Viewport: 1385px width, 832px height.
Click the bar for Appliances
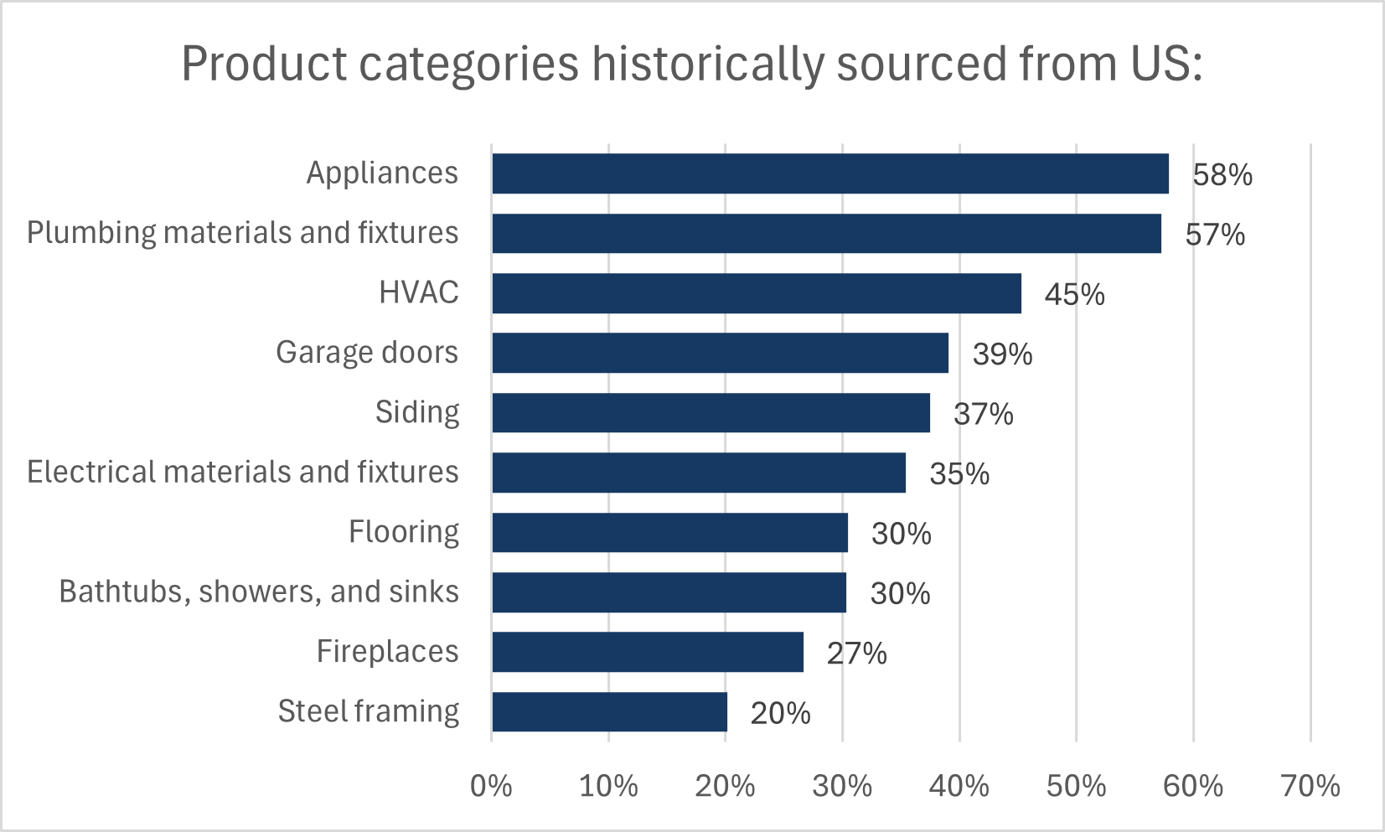point(829,173)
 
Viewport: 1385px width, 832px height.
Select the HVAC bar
point(757,293)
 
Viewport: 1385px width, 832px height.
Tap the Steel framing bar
point(609,712)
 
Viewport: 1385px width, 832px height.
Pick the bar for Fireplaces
point(648,652)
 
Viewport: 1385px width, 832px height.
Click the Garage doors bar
point(720,353)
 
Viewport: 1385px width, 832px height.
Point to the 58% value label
point(1222,175)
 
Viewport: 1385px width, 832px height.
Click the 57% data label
point(1215,235)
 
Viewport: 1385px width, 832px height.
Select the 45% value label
point(1074,295)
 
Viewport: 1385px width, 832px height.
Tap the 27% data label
point(856,654)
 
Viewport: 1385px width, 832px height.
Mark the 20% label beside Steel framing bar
point(780,714)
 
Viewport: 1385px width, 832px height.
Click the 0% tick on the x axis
point(491,786)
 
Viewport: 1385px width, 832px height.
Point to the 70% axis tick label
point(1310,786)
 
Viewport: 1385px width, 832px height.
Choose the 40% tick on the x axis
point(959,786)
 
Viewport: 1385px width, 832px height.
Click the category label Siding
point(416,412)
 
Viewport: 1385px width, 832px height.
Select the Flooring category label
point(403,532)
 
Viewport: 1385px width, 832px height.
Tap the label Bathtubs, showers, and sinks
point(259,592)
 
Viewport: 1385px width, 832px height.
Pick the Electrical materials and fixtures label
point(242,472)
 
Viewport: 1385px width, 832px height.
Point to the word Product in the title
point(263,64)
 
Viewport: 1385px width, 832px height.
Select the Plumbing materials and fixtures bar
point(826,233)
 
